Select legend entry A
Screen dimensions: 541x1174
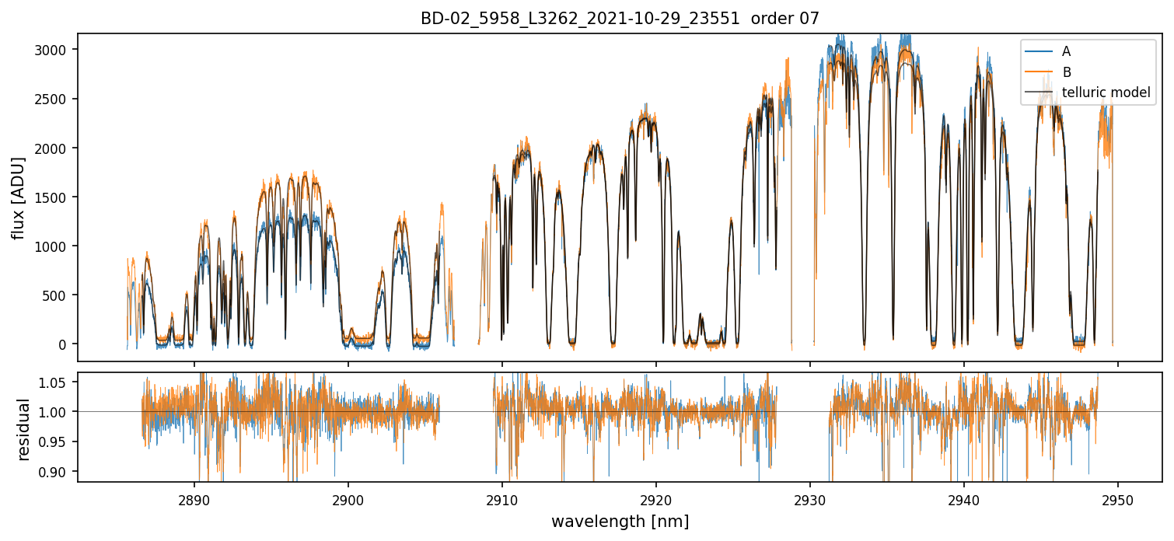pos(1066,51)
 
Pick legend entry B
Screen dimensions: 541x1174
pos(1066,72)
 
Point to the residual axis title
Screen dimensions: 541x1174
pos(23,429)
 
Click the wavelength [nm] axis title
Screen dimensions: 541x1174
pos(620,521)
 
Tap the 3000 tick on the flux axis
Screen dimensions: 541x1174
pos(55,50)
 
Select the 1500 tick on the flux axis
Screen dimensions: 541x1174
pos(55,197)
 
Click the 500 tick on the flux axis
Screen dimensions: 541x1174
pos(58,295)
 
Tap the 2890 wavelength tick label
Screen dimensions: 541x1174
pos(194,497)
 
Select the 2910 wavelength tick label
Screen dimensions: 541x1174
pos(502,497)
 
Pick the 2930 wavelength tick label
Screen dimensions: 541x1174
pos(810,497)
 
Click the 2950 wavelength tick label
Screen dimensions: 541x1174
pos(1118,497)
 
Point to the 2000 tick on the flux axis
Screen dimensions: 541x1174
pos(55,148)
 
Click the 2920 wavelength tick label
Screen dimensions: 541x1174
pos(656,497)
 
